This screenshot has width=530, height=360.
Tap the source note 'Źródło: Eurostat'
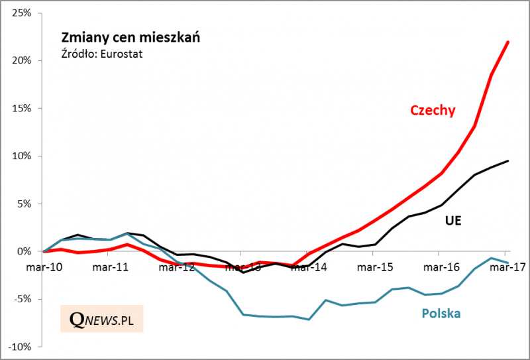[x=102, y=53]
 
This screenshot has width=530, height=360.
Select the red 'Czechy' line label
[x=433, y=111]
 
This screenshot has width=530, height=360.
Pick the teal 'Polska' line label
[x=441, y=314]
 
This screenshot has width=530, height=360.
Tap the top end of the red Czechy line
[x=508, y=42]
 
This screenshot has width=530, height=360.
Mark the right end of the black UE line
[x=508, y=160]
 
